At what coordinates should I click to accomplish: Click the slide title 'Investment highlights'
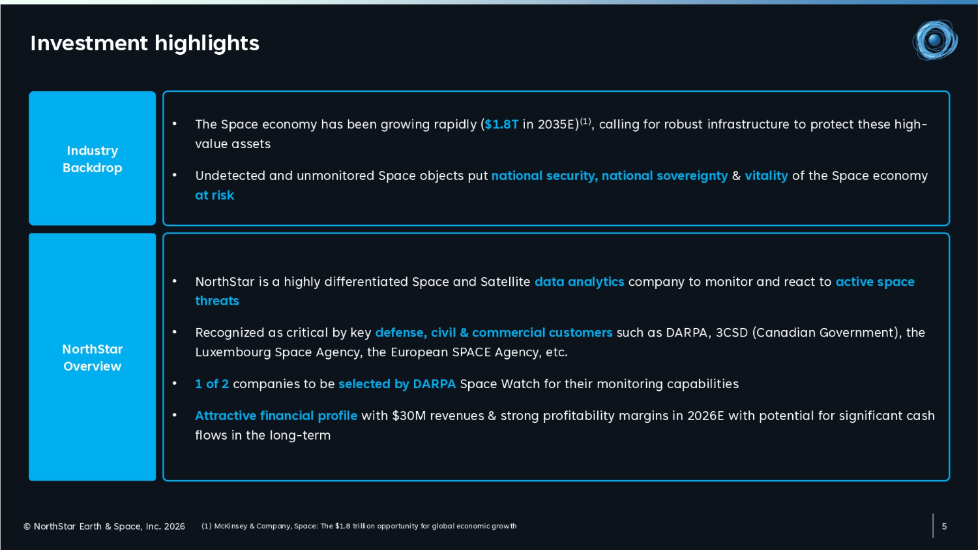point(145,44)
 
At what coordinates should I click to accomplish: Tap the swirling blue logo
point(935,40)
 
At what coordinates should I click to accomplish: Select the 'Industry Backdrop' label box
point(92,158)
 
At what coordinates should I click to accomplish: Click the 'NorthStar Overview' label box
point(92,357)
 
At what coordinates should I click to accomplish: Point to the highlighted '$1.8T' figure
point(501,125)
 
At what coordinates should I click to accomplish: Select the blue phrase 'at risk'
point(215,195)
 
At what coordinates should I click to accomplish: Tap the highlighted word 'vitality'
point(766,176)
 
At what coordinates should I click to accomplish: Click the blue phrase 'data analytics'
point(580,282)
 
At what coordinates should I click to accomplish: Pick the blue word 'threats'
point(217,301)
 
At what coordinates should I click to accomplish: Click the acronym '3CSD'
point(732,333)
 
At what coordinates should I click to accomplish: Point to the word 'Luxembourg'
point(233,352)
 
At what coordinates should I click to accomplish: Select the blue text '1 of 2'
point(212,384)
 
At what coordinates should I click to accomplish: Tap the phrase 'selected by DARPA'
point(397,384)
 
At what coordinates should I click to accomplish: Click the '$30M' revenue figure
point(409,416)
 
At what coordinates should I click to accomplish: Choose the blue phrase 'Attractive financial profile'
point(276,416)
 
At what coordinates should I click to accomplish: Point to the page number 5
point(944,527)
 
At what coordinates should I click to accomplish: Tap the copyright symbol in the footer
point(27,527)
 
